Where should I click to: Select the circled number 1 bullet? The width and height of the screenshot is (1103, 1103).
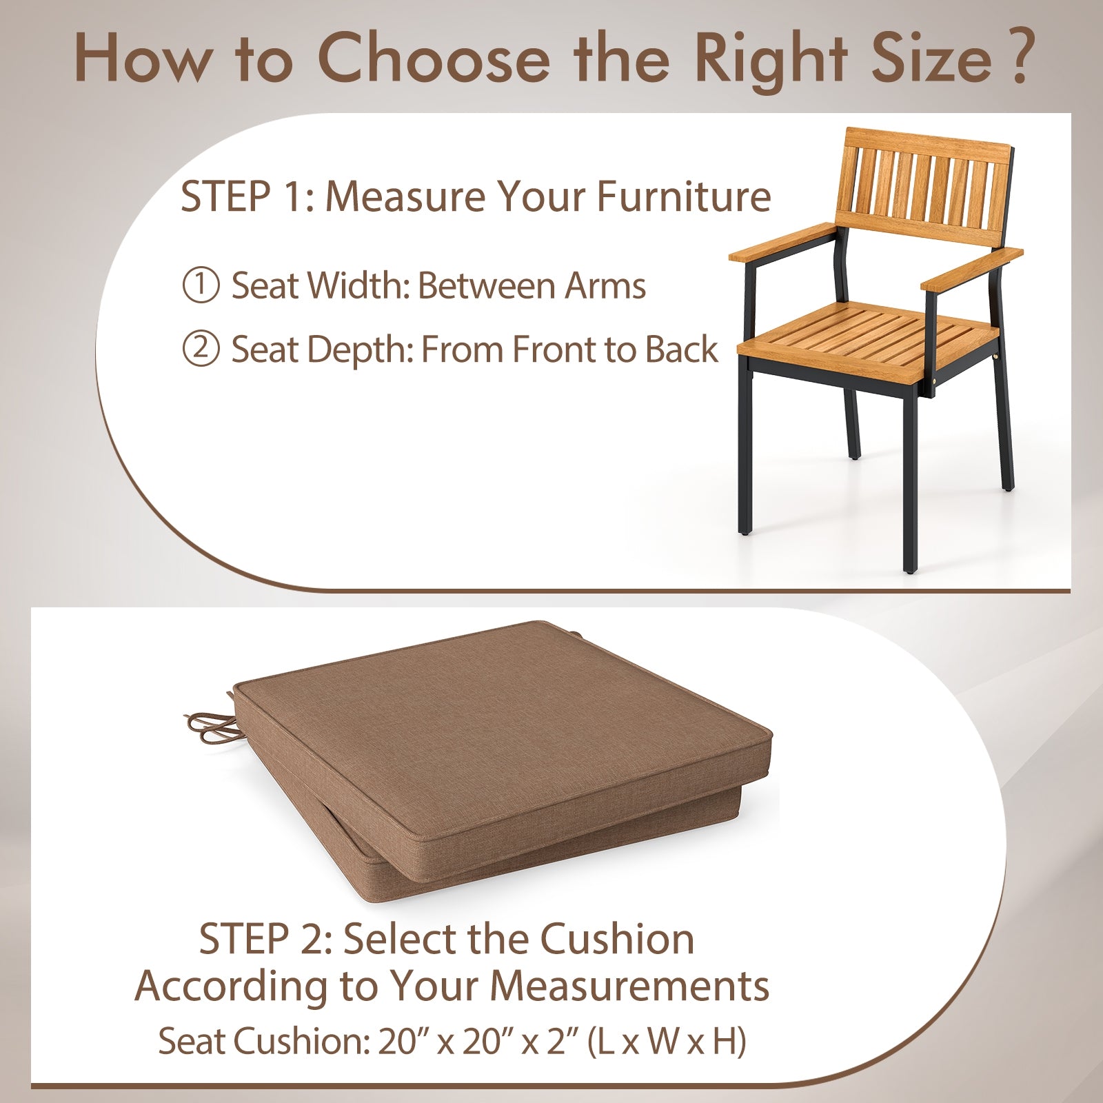[x=201, y=285]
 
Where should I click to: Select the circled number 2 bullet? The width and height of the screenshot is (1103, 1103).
[x=201, y=349]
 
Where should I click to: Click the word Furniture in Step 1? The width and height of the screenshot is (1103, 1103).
[x=683, y=196]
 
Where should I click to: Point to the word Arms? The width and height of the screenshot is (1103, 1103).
[x=605, y=285]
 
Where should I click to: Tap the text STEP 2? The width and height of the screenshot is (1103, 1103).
[x=265, y=939]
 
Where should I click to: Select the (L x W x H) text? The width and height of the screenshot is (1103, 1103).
[x=666, y=1041]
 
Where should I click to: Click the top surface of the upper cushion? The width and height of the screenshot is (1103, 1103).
[x=503, y=717]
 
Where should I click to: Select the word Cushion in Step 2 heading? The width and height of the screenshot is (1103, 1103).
[x=616, y=939]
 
